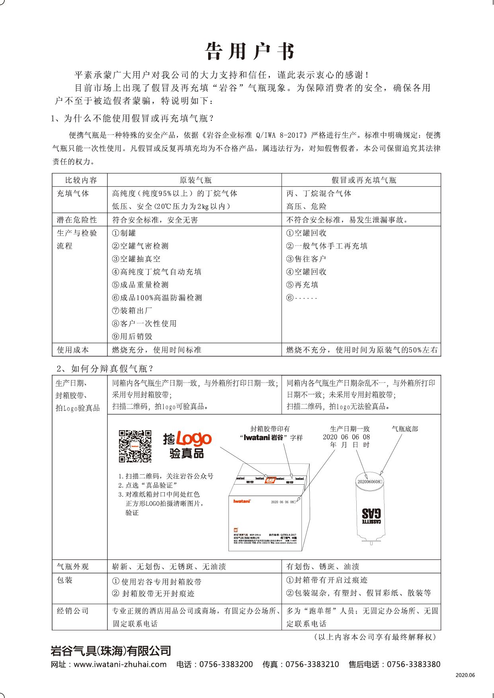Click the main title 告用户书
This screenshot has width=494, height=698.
click(250, 52)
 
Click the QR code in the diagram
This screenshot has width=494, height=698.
click(135, 446)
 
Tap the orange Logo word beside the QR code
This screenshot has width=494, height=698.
click(194, 439)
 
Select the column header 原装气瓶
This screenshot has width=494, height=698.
click(195, 180)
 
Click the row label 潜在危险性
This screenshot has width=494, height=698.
click(77, 220)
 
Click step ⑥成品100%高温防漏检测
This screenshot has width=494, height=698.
click(157, 298)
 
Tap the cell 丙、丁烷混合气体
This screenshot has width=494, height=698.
click(318, 193)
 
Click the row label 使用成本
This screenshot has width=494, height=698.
click(73, 350)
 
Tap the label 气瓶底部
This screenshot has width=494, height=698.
click(405, 429)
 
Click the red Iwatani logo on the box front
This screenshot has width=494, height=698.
click(242, 501)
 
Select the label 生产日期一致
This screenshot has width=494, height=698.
click(350, 429)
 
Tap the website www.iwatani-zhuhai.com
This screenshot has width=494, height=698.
click(120, 664)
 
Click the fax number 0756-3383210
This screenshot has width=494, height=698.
click(312, 664)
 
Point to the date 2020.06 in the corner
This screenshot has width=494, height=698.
click(465, 675)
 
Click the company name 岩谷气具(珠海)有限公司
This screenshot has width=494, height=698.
click(111, 651)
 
